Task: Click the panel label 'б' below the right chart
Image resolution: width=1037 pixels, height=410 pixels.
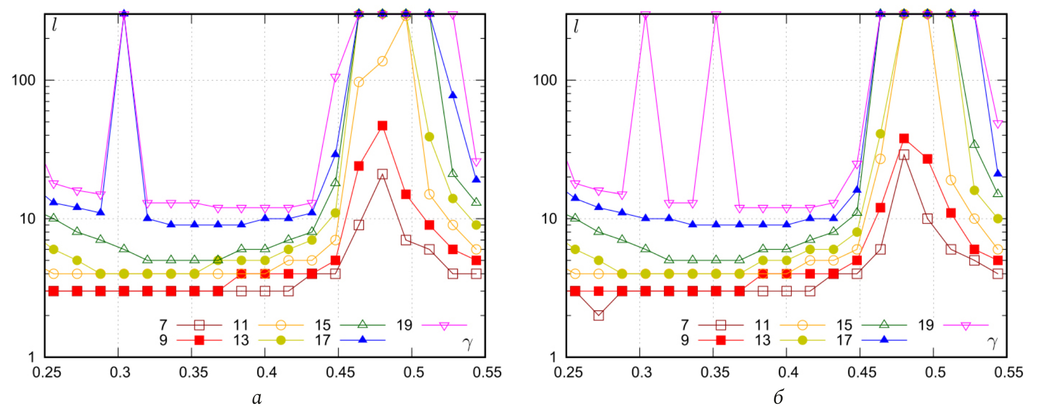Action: [x=778, y=397]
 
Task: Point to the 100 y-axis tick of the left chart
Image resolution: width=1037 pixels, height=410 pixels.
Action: [x=23, y=80]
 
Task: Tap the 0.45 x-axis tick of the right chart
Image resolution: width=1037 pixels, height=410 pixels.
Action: [x=862, y=372]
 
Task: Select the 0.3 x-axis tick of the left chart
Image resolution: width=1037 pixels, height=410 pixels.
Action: [x=120, y=372]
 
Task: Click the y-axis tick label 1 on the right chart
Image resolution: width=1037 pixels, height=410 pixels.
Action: [x=553, y=357]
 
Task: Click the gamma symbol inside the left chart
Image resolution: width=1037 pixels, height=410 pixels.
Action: [x=468, y=343]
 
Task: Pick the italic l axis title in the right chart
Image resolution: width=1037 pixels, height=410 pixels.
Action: [x=576, y=25]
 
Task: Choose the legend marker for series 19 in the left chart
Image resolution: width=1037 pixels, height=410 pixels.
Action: [x=444, y=326]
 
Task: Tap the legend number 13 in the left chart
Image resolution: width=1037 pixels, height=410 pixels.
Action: [x=241, y=340]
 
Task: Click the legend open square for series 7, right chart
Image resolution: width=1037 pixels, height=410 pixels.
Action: [x=721, y=325]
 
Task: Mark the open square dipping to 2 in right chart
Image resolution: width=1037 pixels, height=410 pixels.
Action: [x=599, y=315]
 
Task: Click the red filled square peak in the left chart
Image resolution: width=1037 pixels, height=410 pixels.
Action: [x=382, y=126]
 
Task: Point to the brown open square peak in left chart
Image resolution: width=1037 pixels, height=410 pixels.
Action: [x=382, y=174]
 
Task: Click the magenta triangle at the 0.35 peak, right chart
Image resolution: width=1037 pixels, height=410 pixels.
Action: [x=716, y=15]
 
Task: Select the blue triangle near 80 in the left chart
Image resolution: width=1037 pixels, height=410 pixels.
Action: [x=453, y=95]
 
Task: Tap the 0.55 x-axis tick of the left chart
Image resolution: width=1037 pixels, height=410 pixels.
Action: [x=486, y=372]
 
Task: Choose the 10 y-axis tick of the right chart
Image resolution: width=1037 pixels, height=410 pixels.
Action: [x=549, y=219]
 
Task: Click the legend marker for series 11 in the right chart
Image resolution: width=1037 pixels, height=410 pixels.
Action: [x=802, y=325]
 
